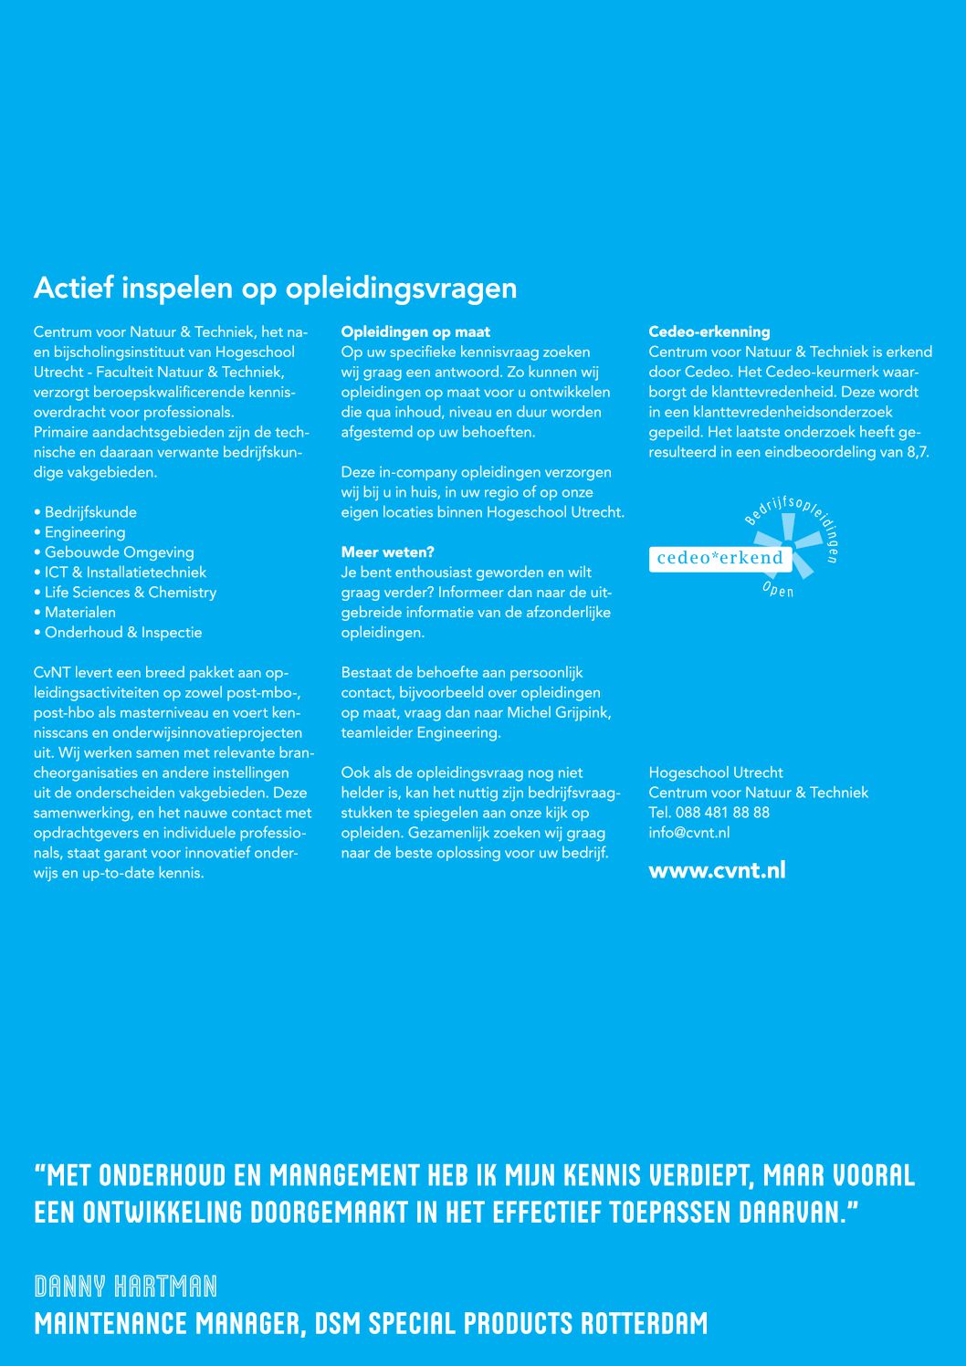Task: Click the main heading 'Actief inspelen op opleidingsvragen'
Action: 275,288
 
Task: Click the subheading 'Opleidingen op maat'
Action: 415,332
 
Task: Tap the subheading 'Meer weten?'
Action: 387,552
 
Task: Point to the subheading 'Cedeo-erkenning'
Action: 709,332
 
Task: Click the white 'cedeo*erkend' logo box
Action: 719,558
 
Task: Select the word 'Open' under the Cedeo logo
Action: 778,590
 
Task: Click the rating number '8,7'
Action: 917,452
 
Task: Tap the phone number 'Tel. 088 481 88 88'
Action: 709,813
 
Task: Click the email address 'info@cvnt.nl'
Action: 688,833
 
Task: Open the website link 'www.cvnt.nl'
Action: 717,870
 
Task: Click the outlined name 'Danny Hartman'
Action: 126,1287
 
